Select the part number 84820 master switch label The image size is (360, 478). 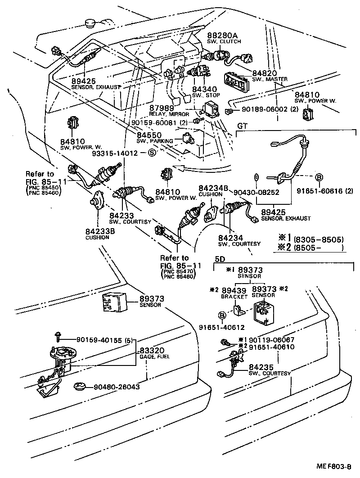pyautogui.click(x=264, y=73)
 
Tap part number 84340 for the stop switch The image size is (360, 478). pyautogui.click(x=205, y=90)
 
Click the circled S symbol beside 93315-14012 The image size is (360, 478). pyautogui.click(x=152, y=153)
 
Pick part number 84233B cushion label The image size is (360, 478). pyautogui.click(x=100, y=231)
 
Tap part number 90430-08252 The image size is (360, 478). pyautogui.click(x=256, y=192)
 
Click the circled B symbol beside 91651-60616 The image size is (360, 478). pyautogui.click(x=318, y=177)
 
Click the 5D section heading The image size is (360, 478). pyautogui.click(x=220, y=260)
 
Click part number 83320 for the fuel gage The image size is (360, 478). pyautogui.click(x=151, y=351)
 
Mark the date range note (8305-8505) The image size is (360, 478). pyautogui.click(x=318, y=239)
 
